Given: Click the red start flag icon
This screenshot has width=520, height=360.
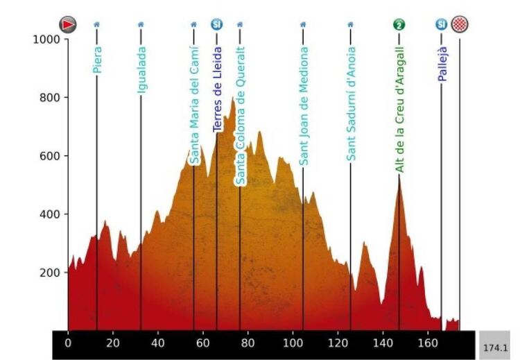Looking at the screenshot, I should point(67,25).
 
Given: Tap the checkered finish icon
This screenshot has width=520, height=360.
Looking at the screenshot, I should point(459,25).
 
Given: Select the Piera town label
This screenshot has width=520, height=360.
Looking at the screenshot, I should point(97,60).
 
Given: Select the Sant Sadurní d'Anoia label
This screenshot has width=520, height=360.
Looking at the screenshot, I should point(351,104).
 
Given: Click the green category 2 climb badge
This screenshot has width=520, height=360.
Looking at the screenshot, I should point(399,25).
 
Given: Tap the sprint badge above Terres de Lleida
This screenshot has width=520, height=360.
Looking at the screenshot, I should point(217,25).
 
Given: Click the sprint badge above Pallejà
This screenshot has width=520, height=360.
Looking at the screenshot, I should point(441,25).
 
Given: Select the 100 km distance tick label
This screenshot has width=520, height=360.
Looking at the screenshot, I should point(294,343).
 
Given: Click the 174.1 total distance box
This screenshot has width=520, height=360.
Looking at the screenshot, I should point(494,345).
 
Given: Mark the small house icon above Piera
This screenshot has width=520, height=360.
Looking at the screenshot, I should point(96,24).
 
